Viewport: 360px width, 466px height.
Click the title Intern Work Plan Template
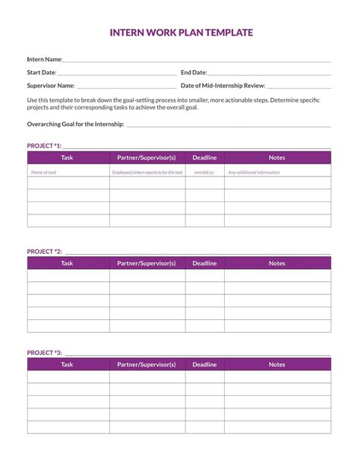click(181, 33)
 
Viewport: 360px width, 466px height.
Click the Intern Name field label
click(45, 59)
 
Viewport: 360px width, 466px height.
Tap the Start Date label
click(42, 73)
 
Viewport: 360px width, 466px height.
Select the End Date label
click(194, 73)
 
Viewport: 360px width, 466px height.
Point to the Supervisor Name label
click(51, 86)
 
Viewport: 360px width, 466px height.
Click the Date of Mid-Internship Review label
click(223, 86)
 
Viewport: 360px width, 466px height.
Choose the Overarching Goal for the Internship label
click(75, 124)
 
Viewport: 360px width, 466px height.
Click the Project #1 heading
click(44, 145)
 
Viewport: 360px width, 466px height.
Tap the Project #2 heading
click(44, 251)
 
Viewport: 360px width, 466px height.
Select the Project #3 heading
click(44, 353)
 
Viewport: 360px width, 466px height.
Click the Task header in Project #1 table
click(68, 157)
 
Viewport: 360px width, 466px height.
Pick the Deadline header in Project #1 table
click(204, 157)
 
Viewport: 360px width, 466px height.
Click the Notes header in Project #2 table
click(277, 263)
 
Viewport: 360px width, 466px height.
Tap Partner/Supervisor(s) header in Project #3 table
click(147, 365)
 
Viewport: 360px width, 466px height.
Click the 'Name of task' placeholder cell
click(43, 173)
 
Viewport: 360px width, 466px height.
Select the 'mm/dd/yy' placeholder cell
click(204, 173)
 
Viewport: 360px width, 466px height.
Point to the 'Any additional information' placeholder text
click(254, 173)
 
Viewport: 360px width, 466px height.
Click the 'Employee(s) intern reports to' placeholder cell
click(147, 173)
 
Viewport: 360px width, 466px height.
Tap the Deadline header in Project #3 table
click(204, 365)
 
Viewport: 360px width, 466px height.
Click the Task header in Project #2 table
click(68, 263)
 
